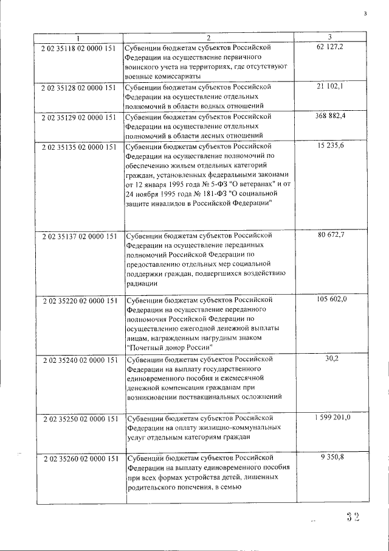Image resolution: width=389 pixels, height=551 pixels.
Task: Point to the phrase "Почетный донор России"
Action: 170,346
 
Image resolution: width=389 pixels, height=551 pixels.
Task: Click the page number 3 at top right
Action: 365,13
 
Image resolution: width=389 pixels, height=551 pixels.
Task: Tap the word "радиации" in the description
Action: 142,283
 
